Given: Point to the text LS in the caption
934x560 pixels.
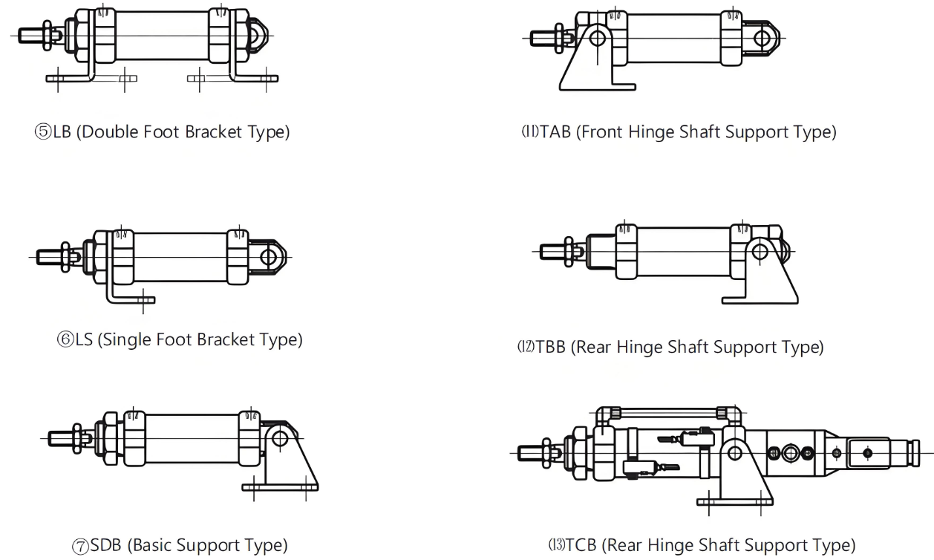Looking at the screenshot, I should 82,340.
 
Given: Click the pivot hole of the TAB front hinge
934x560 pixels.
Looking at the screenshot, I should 598,37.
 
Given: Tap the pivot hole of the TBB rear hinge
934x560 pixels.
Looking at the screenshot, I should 760,250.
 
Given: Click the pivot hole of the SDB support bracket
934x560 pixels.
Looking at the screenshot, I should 280,438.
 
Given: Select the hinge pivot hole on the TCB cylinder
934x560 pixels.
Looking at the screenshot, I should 734,452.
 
